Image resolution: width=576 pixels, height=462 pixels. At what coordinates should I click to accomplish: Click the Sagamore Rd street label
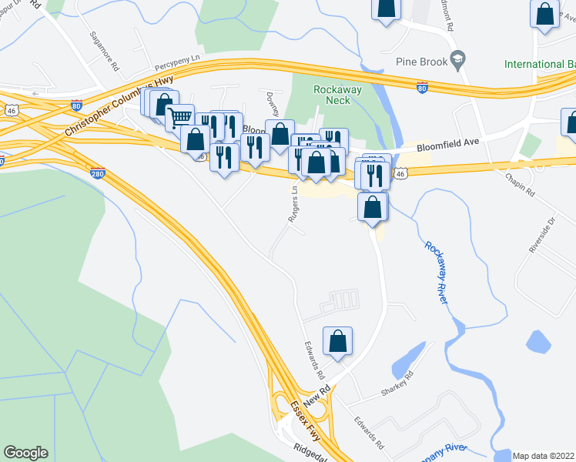(x=104, y=51)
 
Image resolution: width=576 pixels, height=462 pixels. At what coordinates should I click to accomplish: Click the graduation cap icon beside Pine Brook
(x=457, y=59)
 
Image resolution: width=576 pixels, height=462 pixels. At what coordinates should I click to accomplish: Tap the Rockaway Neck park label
(x=333, y=95)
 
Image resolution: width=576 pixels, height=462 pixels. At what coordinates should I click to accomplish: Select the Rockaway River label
(x=437, y=273)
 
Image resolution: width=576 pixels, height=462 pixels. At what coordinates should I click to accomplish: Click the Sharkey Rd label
(x=397, y=384)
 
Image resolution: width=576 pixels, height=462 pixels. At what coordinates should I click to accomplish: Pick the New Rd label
(x=316, y=397)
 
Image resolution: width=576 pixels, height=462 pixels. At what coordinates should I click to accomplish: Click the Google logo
(x=25, y=453)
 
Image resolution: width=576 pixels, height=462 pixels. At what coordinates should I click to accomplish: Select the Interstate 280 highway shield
(x=98, y=173)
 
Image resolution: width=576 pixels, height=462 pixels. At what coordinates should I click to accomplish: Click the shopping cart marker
(x=179, y=117)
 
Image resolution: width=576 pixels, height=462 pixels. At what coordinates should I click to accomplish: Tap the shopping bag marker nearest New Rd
(x=337, y=340)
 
